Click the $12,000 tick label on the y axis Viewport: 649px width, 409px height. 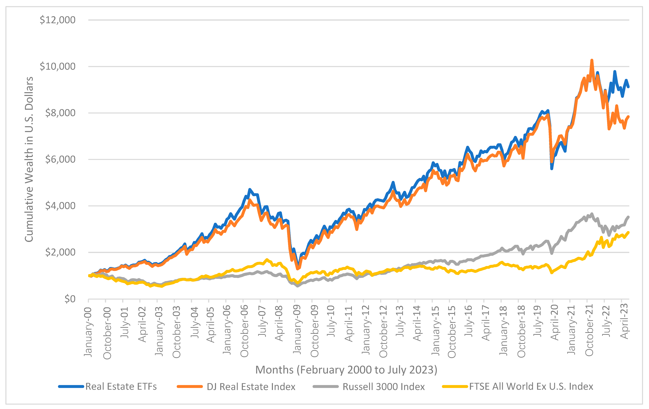tap(57, 20)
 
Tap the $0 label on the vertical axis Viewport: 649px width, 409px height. tap(70, 299)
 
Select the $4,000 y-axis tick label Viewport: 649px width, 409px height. tap(60, 206)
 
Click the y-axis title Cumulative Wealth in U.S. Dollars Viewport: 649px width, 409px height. tap(29, 159)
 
